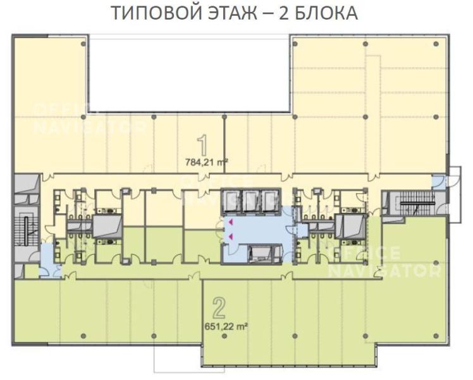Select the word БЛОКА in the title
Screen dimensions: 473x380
click(x=326, y=13)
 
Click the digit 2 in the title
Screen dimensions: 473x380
click(x=283, y=13)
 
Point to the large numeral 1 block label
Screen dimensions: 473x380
click(x=203, y=145)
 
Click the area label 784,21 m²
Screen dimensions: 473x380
click(x=206, y=163)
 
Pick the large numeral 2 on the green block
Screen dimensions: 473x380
click(x=219, y=308)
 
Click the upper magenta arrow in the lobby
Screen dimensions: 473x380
click(x=230, y=222)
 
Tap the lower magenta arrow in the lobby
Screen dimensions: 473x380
click(x=230, y=236)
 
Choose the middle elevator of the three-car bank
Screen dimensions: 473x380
click(x=251, y=201)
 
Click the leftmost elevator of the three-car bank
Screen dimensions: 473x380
click(x=231, y=201)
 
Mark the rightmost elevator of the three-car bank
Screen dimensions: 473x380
click(x=270, y=201)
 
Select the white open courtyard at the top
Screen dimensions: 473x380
click(x=189, y=74)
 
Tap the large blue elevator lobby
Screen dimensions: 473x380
click(x=258, y=230)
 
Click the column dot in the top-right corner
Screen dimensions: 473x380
click(x=436, y=44)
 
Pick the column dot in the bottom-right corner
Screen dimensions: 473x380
click(x=436, y=336)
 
